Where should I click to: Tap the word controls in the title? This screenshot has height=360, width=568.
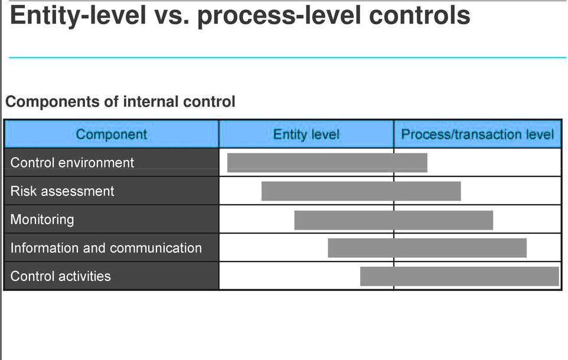[x=419, y=15]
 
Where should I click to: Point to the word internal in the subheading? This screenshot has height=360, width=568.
[x=151, y=102]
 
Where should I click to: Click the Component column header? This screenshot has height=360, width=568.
[x=112, y=135]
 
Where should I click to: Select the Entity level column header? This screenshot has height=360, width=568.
[x=306, y=135]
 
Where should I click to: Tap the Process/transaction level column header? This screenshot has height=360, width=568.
[x=478, y=135]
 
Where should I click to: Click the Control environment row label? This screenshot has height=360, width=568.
[x=72, y=163]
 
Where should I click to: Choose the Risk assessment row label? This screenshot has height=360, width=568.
[x=63, y=191]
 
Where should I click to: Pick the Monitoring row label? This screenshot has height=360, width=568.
[x=42, y=220]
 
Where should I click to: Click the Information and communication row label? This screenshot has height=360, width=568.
[x=106, y=248]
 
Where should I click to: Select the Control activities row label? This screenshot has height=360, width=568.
[x=60, y=276]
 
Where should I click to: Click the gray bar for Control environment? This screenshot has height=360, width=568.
[x=327, y=163]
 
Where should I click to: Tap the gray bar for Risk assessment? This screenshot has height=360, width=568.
[x=361, y=191]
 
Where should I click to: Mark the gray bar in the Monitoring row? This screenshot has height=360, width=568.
[x=394, y=220]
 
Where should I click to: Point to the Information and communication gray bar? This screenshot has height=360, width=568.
[x=427, y=248]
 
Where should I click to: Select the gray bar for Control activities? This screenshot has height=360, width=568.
[x=460, y=276]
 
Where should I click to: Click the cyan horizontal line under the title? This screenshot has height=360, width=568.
[x=288, y=57]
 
